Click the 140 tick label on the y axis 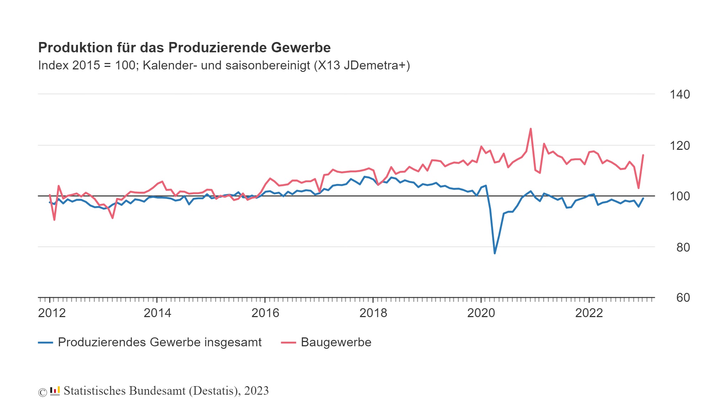[x=679, y=94]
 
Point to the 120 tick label [x=679, y=146]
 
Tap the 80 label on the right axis [x=682, y=247]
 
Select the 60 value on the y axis [x=682, y=298]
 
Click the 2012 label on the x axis [x=52, y=313]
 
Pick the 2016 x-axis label [x=265, y=313]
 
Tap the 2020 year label [x=481, y=313]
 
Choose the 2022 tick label [x=589, y=313]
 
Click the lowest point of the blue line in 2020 [x=494, y=253]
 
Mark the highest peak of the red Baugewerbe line [x=531, y=129]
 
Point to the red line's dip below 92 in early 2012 [x=54, y=220]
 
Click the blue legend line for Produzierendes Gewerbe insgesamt [x=45, y=342]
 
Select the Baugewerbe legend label [x=336, y=342]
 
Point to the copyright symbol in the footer [x=43, y=392]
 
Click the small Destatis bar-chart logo [x=55, y=391]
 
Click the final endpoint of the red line [x=643, y=155]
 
